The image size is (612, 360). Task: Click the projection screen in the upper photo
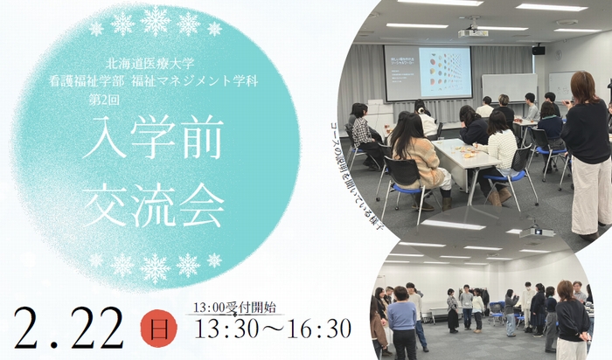point(428,73)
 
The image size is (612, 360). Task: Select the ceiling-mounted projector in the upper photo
point(473,31)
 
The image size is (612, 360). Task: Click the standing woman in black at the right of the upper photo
point(587,149)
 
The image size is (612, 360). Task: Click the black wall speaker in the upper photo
point(538,50)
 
